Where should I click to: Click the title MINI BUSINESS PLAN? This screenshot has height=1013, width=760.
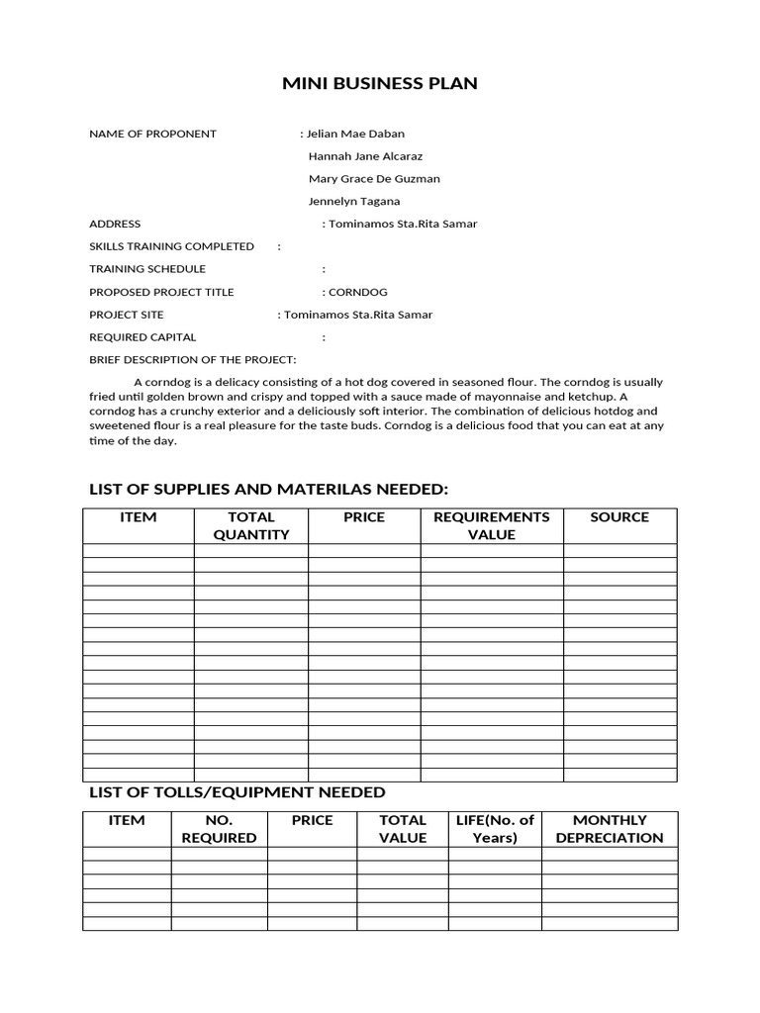(x=380, y=84)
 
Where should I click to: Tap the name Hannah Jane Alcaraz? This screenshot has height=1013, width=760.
(x=365, y=156)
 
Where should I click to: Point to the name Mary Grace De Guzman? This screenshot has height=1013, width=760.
(x=374, y=179)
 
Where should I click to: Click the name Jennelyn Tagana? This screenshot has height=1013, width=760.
(x=354, y=202)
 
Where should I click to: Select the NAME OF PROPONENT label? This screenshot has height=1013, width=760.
(x=152, y=134)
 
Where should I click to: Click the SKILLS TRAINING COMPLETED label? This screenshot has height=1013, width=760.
(x=171, y=246)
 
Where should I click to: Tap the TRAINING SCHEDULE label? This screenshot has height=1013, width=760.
(x=147, y=269)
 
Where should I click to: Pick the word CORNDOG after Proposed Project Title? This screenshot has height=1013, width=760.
(x=358, y=293)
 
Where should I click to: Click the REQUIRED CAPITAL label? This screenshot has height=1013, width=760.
(x=142, y=337)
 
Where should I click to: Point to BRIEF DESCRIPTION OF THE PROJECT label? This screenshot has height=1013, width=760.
(x=193, y=360)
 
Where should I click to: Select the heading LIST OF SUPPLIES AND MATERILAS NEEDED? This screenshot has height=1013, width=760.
(x=269, y=490)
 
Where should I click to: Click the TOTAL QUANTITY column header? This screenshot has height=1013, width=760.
(x=251, y=525)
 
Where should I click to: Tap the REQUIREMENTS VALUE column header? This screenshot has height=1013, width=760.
(x=492, y=525)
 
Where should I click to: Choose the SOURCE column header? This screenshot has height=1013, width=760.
(x=619, y=517)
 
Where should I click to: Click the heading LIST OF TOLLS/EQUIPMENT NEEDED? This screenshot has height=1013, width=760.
(x=237, y=792)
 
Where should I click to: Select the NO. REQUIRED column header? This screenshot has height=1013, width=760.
(x=219, y=829)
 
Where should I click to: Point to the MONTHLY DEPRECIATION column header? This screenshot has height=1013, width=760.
(x=610, y=829)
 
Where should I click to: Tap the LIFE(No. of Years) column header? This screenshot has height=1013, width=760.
(x=494, y=829)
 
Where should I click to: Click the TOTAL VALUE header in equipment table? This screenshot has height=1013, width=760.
(x=403, y=829)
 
